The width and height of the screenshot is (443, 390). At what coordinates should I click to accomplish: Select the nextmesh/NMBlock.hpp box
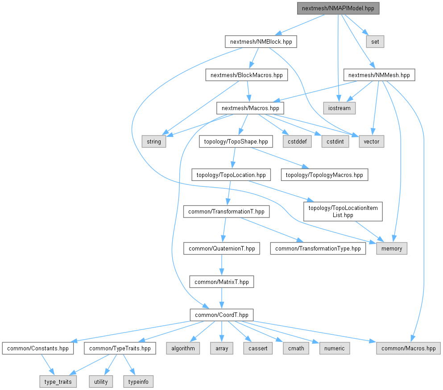[261, 42]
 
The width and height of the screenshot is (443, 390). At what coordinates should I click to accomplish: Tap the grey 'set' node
[375, 42]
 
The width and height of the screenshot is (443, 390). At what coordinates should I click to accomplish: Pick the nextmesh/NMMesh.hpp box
[379, 75]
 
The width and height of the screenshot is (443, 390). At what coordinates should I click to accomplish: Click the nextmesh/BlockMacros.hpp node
[246, 75]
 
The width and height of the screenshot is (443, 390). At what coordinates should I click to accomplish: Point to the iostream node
[339, 108]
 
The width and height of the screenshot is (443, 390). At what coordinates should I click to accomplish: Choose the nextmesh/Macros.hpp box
[250, 108]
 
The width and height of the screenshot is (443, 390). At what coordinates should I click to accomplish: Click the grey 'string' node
[153, 142]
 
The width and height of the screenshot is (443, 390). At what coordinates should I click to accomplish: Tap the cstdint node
[334, 142]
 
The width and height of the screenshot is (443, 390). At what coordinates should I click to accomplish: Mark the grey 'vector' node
[371, 142]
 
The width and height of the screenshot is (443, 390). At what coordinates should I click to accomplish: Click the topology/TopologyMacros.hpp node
[324, 175]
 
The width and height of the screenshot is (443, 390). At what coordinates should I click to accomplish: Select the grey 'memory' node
[392, 249]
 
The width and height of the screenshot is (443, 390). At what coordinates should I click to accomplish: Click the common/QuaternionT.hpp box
[222, 249]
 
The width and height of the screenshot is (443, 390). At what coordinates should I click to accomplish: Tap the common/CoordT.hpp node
[222, 315]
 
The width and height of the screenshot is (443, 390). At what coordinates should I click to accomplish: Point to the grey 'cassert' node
[258, 348]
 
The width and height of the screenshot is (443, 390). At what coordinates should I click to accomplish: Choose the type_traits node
[58, 382]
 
